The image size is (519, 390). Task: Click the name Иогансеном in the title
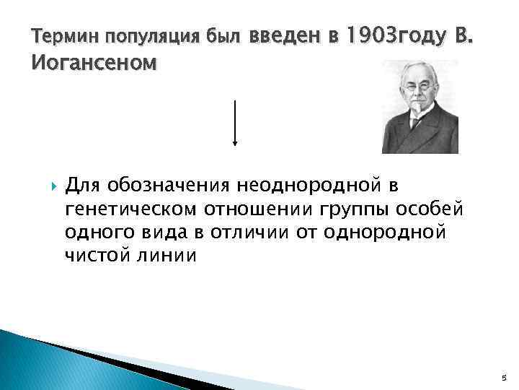point(94,64)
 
